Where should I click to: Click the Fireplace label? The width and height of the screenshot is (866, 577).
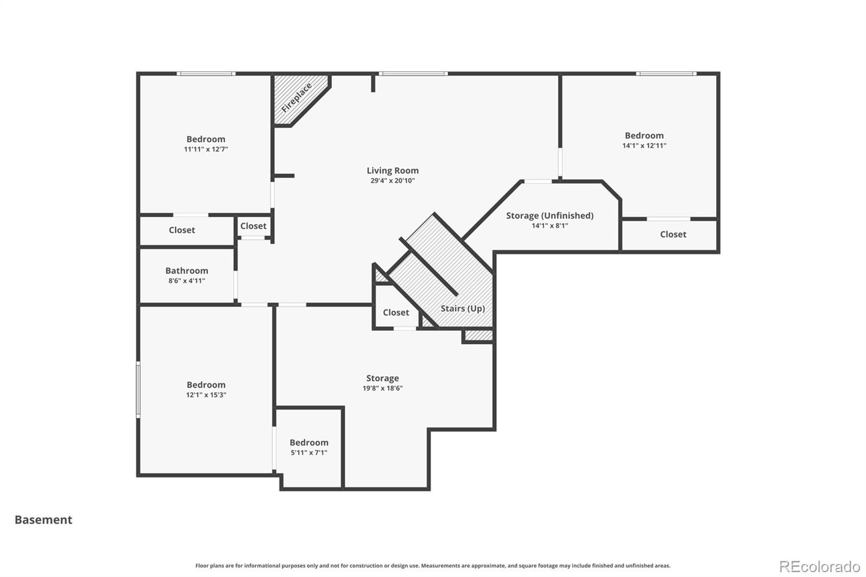click(297, 98)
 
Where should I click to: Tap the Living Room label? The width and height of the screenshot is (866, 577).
click(392, 171)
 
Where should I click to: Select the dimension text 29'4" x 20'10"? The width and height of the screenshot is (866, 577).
click(392, 181)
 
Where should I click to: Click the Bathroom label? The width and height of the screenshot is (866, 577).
click(187, 271)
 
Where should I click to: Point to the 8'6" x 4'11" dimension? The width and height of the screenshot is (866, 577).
click(187, 281)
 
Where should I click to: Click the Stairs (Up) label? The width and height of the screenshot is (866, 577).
click(463, 309)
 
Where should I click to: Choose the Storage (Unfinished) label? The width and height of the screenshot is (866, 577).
click(550, 216)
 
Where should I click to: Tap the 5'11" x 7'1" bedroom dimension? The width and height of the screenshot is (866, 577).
click(309, 453)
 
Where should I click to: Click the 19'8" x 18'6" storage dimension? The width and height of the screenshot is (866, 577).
click(382, 388)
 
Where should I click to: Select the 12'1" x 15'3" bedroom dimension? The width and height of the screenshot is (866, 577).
click(206, 395)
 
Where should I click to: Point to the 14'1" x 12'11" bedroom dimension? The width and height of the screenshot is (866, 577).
click(644, 146)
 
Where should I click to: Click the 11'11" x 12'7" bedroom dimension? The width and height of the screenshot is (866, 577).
click(206, 149)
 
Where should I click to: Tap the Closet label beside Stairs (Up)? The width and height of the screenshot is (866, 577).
click(396, 312)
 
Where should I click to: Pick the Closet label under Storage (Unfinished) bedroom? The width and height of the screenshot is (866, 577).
click(673, 234)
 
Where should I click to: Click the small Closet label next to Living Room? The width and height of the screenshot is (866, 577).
click(253, 226)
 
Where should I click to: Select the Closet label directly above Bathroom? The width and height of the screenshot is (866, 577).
click(182, 230)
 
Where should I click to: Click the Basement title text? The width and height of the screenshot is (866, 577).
click(43, 520)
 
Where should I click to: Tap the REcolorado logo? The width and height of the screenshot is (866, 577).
click(819, 567)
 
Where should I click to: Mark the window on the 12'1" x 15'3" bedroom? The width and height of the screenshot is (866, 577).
click(138, 389)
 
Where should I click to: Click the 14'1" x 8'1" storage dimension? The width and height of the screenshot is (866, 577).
click(550, 226)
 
